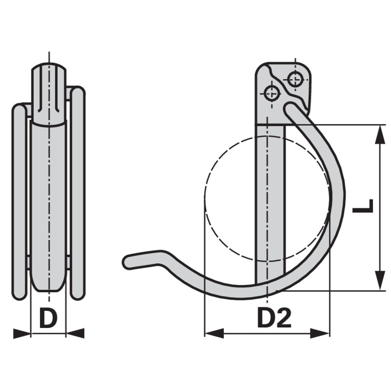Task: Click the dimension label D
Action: pos(48,319)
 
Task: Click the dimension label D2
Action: pos(274,319)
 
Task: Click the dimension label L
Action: pos(363,206)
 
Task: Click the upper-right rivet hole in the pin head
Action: pos(295,78)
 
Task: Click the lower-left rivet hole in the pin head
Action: pos(271,91)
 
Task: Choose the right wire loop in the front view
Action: pos(78,195)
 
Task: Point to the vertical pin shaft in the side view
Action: pos(270,205)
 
